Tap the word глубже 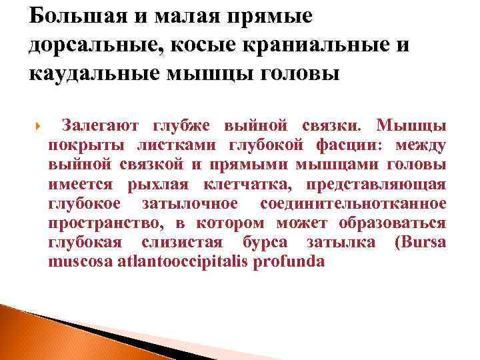pos(179,125)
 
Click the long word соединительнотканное pos(353,203)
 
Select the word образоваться pos(394,223)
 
